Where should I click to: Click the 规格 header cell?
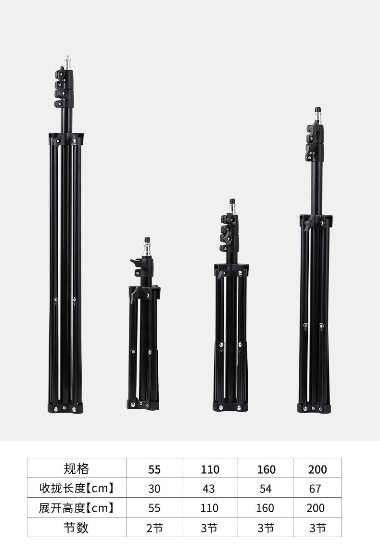click(x=76, y=468)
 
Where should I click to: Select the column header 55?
click(x=154, y=469)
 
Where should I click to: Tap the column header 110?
click(x=210, y=469)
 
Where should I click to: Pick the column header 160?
click(x=266, y=469)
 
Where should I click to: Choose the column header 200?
click(x=317, y=469)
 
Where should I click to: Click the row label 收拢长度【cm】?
click(x=76, y=488)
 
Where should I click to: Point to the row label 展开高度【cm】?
click(x=76, y=508)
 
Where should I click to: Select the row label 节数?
click(x=76, y=528)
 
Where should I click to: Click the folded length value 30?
click(x=154, y=489)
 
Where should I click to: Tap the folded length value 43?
click(x=209, y=489)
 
